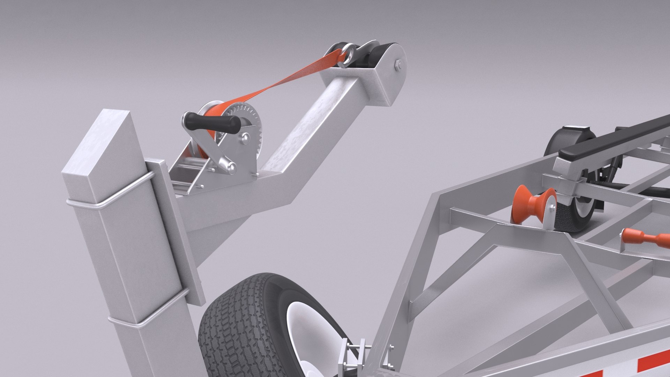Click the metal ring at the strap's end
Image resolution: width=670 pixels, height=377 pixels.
[348, 55]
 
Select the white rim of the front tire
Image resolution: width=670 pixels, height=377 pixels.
[300, 335]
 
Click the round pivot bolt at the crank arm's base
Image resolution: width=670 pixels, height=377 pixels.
[231, 168]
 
